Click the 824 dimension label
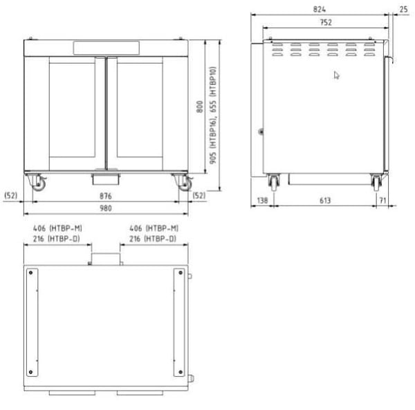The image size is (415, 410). [x=319, y=9]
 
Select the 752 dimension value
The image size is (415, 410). [x=326, y=23]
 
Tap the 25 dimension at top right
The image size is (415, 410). [x=403, y=10]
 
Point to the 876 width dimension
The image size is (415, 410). [x=106, y=196]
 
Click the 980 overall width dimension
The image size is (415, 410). [x=106, y=208]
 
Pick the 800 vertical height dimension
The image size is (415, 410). [x=200, y=107]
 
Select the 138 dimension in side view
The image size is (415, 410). [x=262, y=200]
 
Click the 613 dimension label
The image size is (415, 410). [x=325, y=200]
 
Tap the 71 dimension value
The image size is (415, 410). [x=382, y=200]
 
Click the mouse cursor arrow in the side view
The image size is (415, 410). [x=336, y=75]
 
